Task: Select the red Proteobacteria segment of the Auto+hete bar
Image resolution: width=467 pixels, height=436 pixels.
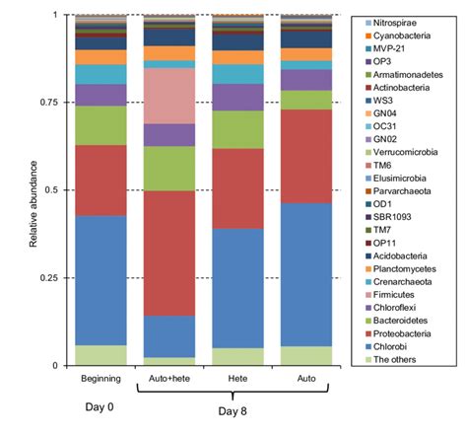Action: (168, 253)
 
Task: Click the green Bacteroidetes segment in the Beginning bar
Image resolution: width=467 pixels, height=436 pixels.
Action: (100, 125)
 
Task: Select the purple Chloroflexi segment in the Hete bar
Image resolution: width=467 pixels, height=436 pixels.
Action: (237, 97)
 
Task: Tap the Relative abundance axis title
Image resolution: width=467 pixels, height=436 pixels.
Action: (34, 189)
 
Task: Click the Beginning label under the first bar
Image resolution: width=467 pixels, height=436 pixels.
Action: (100, 378)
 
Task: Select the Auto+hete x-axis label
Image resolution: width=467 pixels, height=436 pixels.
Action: (168, 378)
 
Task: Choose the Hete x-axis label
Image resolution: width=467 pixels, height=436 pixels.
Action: (237, 378)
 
